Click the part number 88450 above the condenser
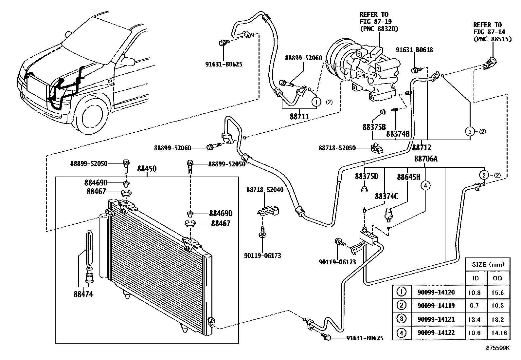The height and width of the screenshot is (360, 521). coord(147,169)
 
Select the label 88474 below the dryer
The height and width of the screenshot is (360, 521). coord(83,294)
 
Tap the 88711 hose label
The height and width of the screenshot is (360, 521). coord(299,116)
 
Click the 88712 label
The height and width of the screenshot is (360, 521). coord(422,148)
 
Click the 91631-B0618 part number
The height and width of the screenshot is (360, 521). coord(414,50)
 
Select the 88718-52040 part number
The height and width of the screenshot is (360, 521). coord(265,190)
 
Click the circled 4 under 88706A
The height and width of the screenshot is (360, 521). coord(425,186)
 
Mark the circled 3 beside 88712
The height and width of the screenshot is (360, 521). coord(470,132)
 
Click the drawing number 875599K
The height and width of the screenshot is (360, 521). coord(497,348)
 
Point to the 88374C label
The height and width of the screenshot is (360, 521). coord(386,196)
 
